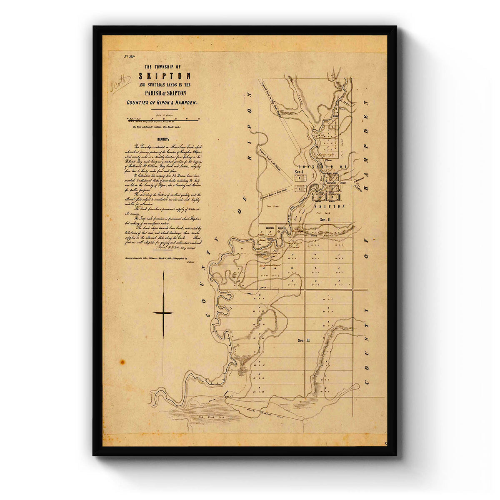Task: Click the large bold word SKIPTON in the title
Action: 165,76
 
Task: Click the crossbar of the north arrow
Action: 163,312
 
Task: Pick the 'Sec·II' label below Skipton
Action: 322,219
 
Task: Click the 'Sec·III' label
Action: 304,340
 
